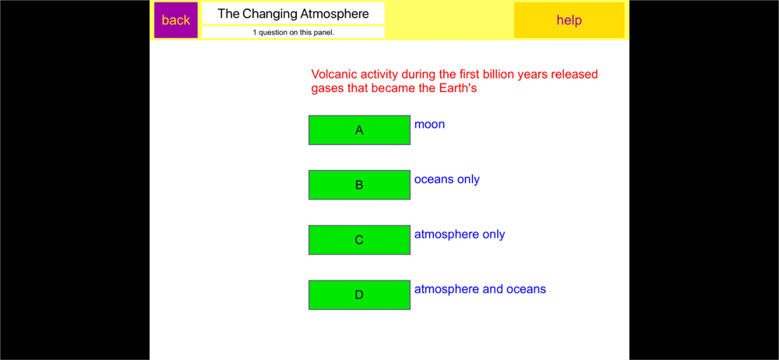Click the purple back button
pos(176,20)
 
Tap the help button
pos(569,20)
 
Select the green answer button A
pos(359,130)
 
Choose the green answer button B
pos(359,185)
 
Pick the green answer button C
pos(359,240)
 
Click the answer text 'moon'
pos(430,125)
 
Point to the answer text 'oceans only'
pos(447,179)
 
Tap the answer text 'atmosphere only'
pos(460,235)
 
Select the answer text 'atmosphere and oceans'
pos(481,289)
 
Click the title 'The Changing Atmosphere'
pos(294,14)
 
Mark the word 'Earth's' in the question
pos(458,89)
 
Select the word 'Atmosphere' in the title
pos(334,14)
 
